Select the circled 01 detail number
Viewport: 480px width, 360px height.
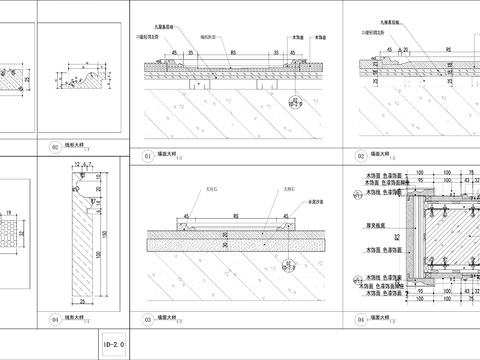147,156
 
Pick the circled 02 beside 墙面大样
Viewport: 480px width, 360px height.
360,156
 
